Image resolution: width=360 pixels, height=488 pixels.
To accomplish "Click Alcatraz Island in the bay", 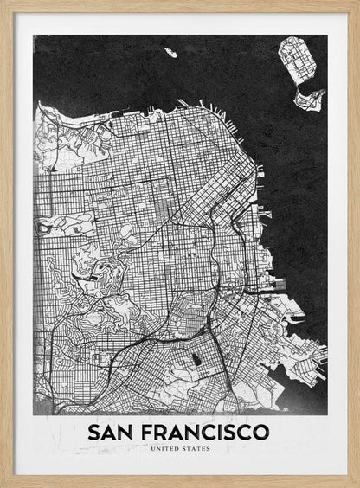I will (x=171, y=53).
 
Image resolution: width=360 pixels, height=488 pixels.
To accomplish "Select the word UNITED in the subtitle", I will (x=164, y=449).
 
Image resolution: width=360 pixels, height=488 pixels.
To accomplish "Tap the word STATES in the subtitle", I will (x=196, y=449).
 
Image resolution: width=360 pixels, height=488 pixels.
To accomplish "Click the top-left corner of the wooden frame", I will (x=3, y=3).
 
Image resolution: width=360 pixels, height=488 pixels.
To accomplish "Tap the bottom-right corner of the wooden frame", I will (x=357, y=485).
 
